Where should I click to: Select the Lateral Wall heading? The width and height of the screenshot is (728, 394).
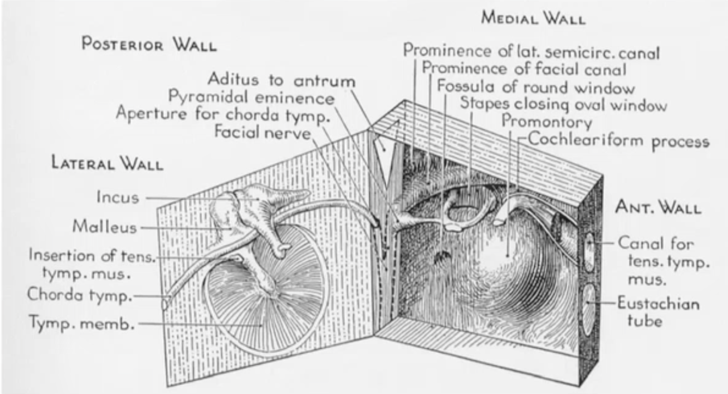point(107,163)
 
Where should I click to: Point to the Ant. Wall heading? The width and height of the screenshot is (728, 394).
point(658,207)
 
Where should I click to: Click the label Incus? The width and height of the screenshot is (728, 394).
point(117,197)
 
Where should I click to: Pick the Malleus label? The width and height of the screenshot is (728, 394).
point(104,226)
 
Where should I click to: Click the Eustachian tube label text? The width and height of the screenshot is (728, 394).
point(658,312)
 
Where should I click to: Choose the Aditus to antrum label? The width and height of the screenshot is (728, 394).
point(281,80)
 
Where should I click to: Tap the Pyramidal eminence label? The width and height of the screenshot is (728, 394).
point(250,98)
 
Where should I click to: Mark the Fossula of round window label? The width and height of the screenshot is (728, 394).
point(536,87)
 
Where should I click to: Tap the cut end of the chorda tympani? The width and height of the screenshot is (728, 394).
point(165,302)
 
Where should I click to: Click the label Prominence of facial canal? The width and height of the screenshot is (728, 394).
point(524,69)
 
